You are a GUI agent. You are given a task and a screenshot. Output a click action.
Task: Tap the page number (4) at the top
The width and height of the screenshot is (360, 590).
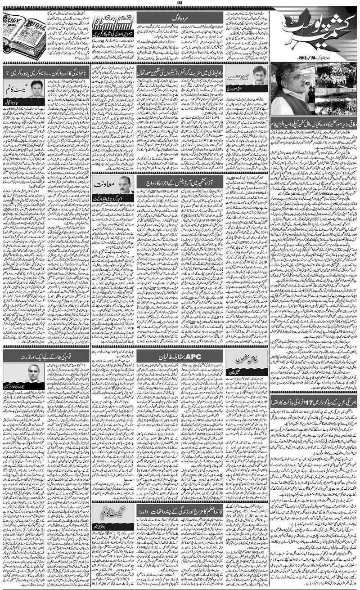[x=180, y=4]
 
